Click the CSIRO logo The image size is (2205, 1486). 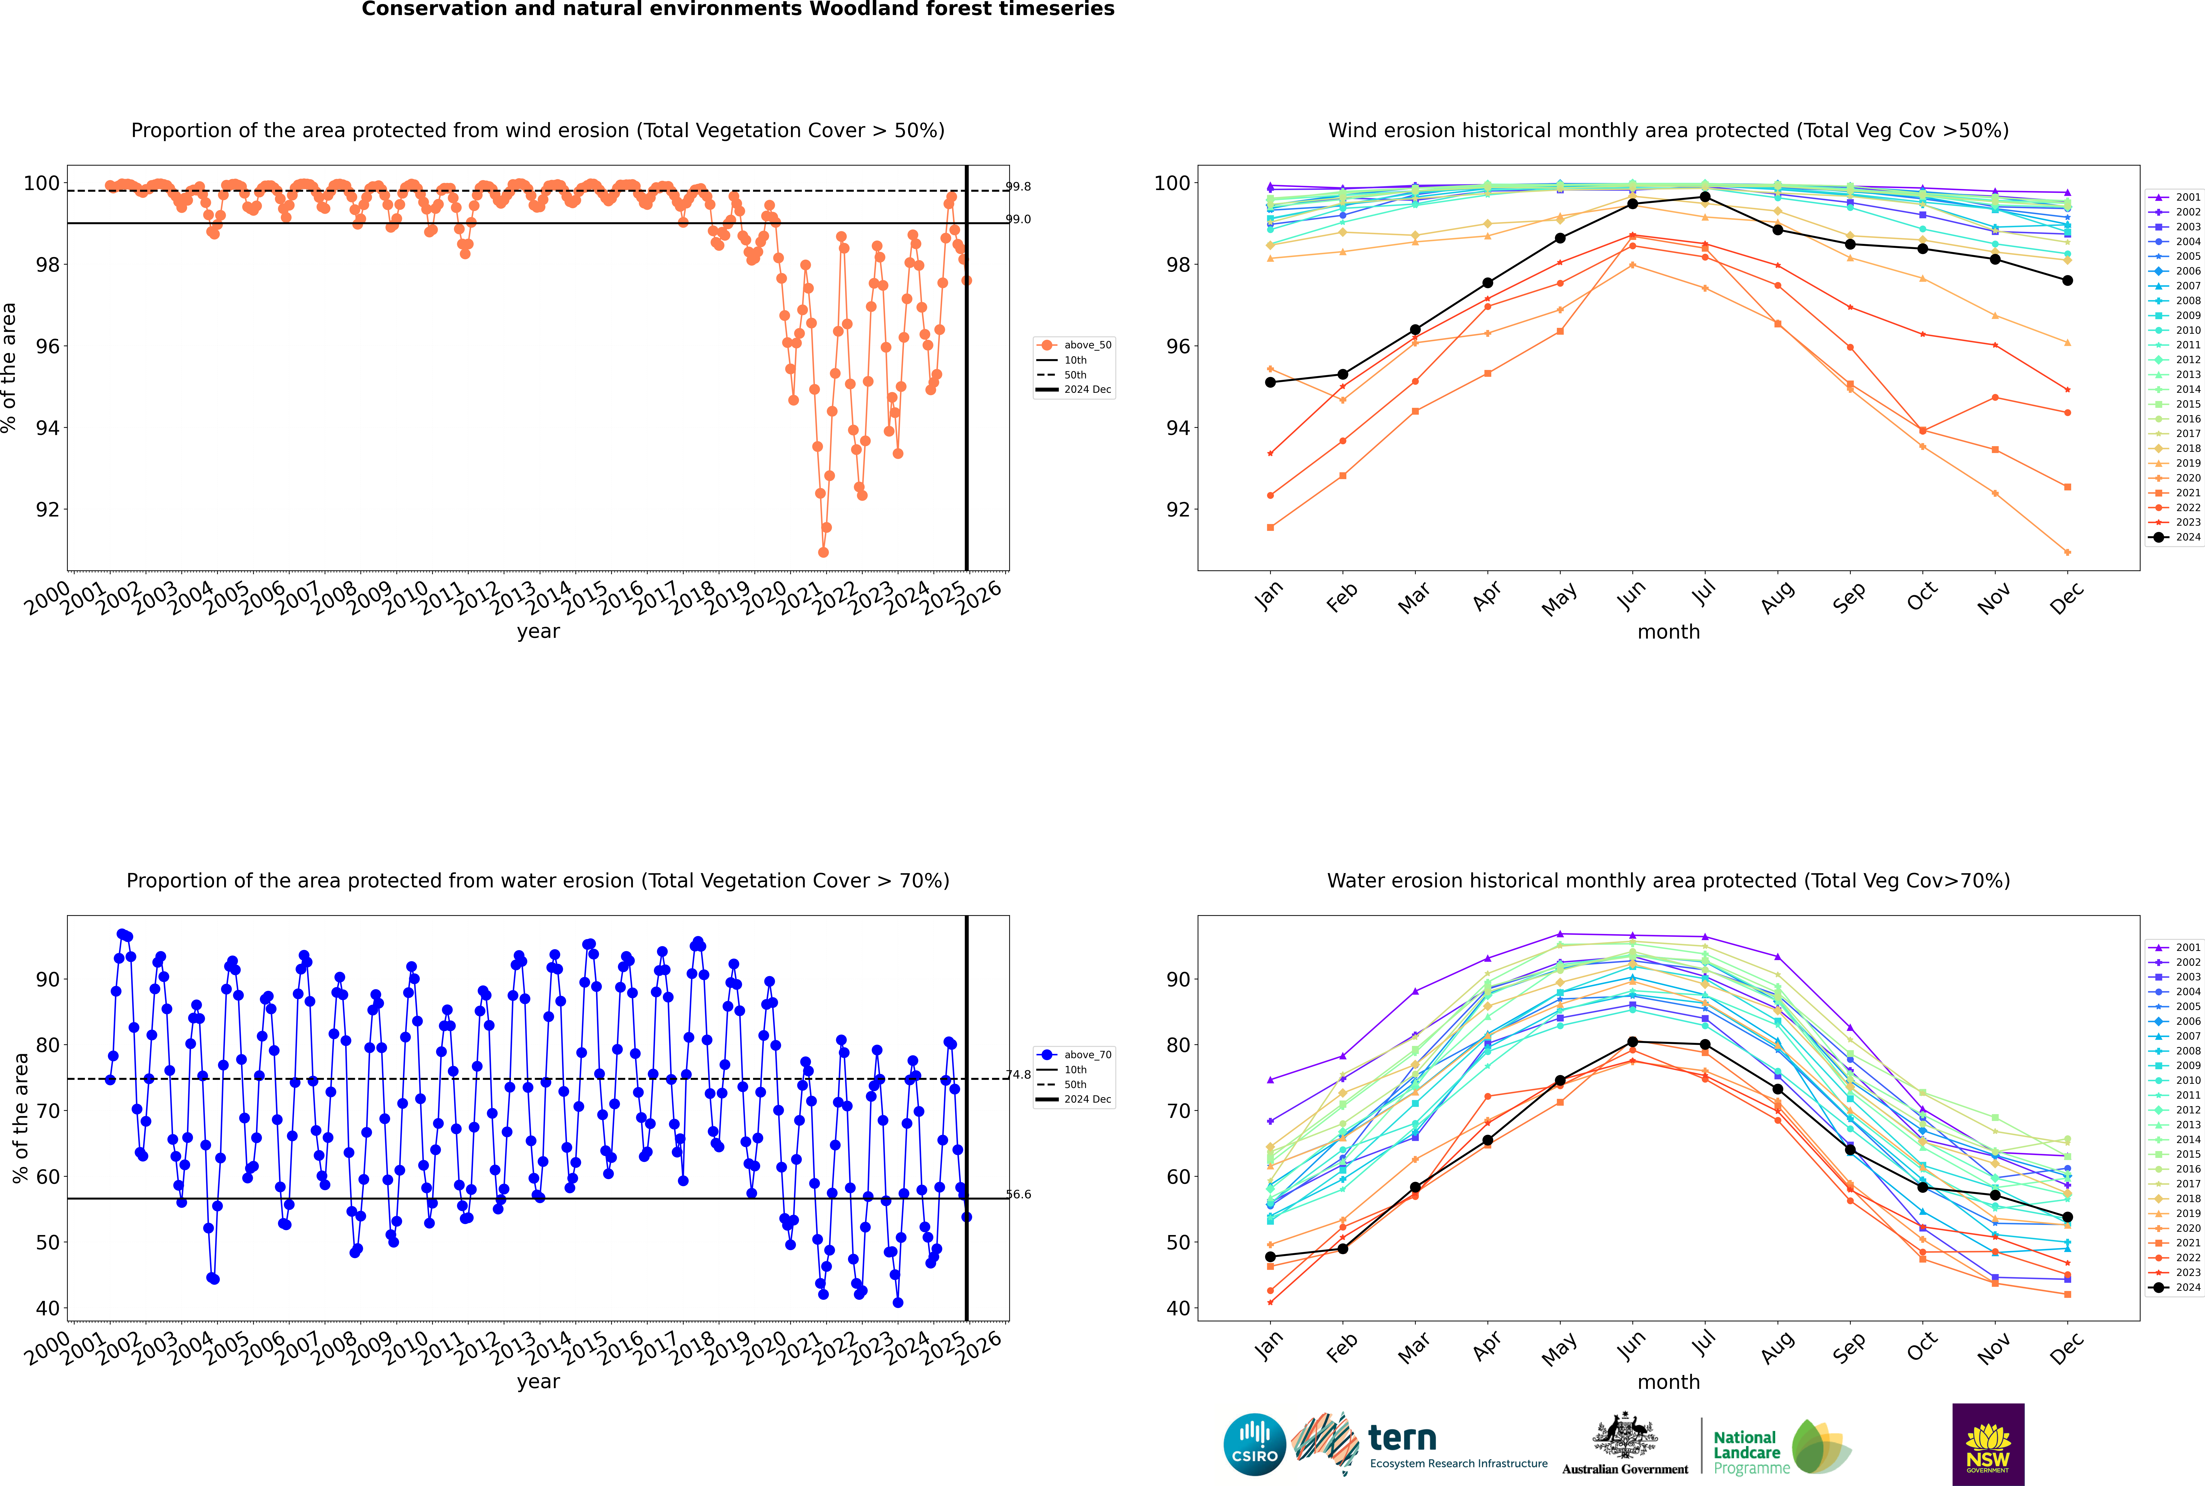click(x=1254, y=1444)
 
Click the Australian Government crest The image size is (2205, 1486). click(x=1625, y=1444)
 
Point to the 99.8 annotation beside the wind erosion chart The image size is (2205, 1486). click(x=1018, y=187)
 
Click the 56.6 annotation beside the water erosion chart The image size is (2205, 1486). click(x=1018, y=1194)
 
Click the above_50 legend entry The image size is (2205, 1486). click(x=1074, y=345)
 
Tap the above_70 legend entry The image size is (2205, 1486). click(x=1074, y=1055)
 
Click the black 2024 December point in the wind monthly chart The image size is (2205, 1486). click(x=2068, y=281)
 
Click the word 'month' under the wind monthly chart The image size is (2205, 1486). click(x=1668, y=632)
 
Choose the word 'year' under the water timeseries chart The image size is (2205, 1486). click(x=538, y=1382)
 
